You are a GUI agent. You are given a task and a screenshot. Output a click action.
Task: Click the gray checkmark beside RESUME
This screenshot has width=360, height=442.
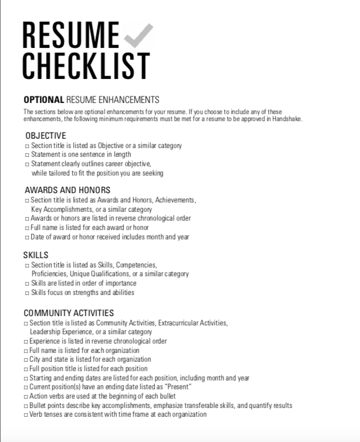tap(139, 36)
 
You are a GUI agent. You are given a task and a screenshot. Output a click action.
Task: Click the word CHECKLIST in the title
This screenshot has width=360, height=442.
tap(86, 66)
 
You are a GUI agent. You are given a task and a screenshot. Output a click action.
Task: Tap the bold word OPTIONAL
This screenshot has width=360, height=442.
tap(44, 100)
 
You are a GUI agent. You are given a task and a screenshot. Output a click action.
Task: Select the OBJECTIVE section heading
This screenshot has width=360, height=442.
tap(46, 136)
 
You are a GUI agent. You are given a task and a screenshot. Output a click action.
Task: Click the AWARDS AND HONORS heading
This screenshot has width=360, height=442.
tap(67, 190)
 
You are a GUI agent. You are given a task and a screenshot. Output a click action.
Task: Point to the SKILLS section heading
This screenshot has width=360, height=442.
tap(36, 255)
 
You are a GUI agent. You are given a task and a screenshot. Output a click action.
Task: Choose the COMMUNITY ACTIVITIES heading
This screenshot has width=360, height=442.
tap(68, 313)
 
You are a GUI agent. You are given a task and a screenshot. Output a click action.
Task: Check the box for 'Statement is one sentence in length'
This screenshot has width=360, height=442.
tap(26, 155)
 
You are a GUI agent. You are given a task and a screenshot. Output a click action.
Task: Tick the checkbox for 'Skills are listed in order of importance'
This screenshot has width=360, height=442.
tap(26, 283)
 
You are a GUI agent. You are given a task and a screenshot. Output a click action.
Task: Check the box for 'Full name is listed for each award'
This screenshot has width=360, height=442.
tap(26, 228)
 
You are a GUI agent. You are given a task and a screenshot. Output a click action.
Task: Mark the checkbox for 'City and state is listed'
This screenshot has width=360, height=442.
tap(26, 359)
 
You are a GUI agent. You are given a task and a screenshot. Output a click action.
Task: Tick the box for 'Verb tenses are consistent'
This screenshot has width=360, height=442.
tap(26, 415)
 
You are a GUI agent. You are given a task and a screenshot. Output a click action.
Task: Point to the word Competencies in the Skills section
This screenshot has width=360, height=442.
tap(138, 265)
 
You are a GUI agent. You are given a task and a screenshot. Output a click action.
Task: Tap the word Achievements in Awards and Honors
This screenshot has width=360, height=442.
tap(175, 200)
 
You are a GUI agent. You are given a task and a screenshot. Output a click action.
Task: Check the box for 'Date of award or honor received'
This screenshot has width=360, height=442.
tap(26, 237)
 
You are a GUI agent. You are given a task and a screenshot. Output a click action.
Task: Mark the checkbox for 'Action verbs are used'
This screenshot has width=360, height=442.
tap(26, 396)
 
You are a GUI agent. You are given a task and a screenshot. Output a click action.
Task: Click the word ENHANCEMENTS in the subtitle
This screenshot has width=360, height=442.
tap(129, 100)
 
